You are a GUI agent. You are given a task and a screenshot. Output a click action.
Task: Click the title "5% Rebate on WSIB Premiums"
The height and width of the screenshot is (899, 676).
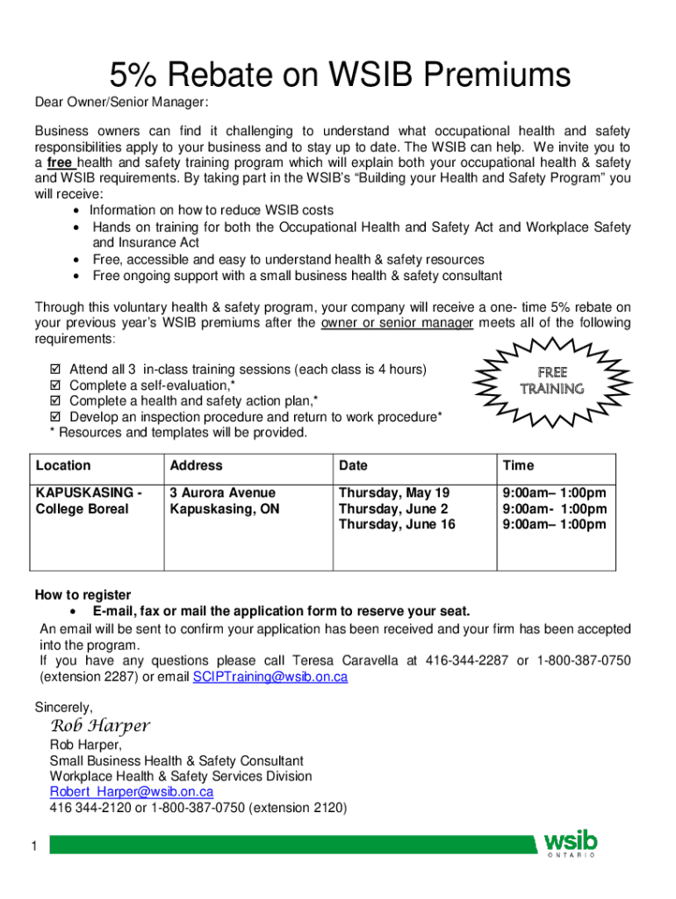(339, 76)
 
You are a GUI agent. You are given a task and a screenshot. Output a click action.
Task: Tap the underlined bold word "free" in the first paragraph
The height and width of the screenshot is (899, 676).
(60, 163)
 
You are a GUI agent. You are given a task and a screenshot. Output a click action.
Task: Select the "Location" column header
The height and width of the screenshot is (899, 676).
(62, 465)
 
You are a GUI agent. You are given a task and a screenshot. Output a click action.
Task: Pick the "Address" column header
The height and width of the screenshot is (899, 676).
(196, 465)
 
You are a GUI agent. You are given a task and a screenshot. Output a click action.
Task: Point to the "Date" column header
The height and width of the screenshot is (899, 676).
(353, 465)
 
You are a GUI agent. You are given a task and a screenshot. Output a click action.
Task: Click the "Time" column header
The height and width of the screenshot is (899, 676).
(518, 465)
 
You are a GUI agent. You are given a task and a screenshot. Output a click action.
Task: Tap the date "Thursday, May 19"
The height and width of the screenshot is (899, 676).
(393, 493)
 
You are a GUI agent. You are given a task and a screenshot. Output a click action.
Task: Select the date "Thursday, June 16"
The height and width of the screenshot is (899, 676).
(397, 525)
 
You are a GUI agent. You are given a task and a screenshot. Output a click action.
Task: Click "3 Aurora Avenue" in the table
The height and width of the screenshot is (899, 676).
(222, 493)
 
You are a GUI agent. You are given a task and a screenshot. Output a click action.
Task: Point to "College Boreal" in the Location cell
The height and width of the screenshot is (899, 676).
(82, 509)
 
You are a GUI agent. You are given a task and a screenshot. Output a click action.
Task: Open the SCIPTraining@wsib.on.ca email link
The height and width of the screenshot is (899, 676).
(270, 677)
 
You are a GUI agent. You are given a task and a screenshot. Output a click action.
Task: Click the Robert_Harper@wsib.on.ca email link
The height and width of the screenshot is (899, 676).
(131, 791)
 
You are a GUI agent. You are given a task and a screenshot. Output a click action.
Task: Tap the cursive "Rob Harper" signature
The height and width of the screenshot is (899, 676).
(99, 726)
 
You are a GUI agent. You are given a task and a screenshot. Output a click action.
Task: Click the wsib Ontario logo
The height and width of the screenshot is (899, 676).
(572, 845)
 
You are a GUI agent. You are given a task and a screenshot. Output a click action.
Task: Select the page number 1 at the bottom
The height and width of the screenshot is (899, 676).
(32, 846)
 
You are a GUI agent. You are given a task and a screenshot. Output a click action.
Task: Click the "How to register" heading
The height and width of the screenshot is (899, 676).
(83, 594)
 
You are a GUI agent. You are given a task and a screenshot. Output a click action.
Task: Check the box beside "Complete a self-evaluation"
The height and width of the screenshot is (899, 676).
(58, 385)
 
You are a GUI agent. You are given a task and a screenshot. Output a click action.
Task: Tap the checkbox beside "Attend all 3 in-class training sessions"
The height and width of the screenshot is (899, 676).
(58, 369)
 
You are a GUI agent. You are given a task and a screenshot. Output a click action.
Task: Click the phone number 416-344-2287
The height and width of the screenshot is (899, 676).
(466, 660)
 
